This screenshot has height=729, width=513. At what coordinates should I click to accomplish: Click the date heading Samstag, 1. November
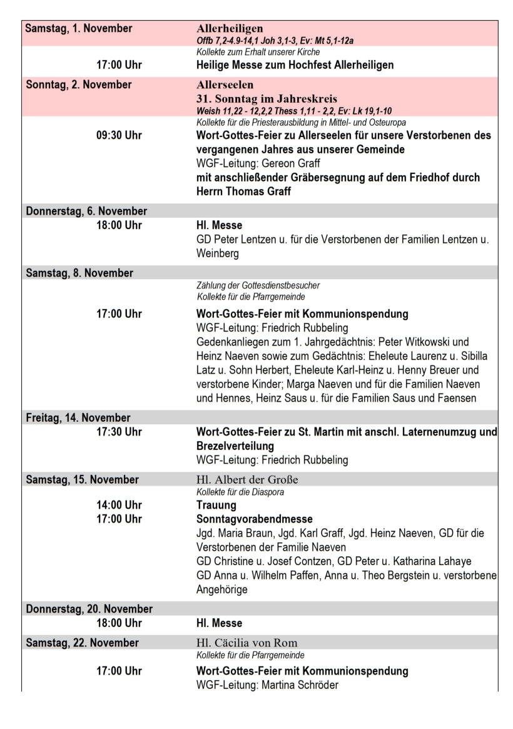tap(78, 28)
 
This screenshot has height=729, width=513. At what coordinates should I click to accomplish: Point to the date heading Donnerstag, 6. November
tap(86, 211)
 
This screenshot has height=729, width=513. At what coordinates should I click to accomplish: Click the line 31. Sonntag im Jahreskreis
tap(266, 98)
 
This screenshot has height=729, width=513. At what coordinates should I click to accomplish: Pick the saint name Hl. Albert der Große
tap(247, 480)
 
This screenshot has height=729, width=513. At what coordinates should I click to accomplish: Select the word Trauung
tap(216, 505)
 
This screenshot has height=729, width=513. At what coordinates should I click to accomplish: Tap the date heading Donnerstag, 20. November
tap(89, 609)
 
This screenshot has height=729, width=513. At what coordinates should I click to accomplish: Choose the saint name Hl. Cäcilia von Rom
tap(246, 643)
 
